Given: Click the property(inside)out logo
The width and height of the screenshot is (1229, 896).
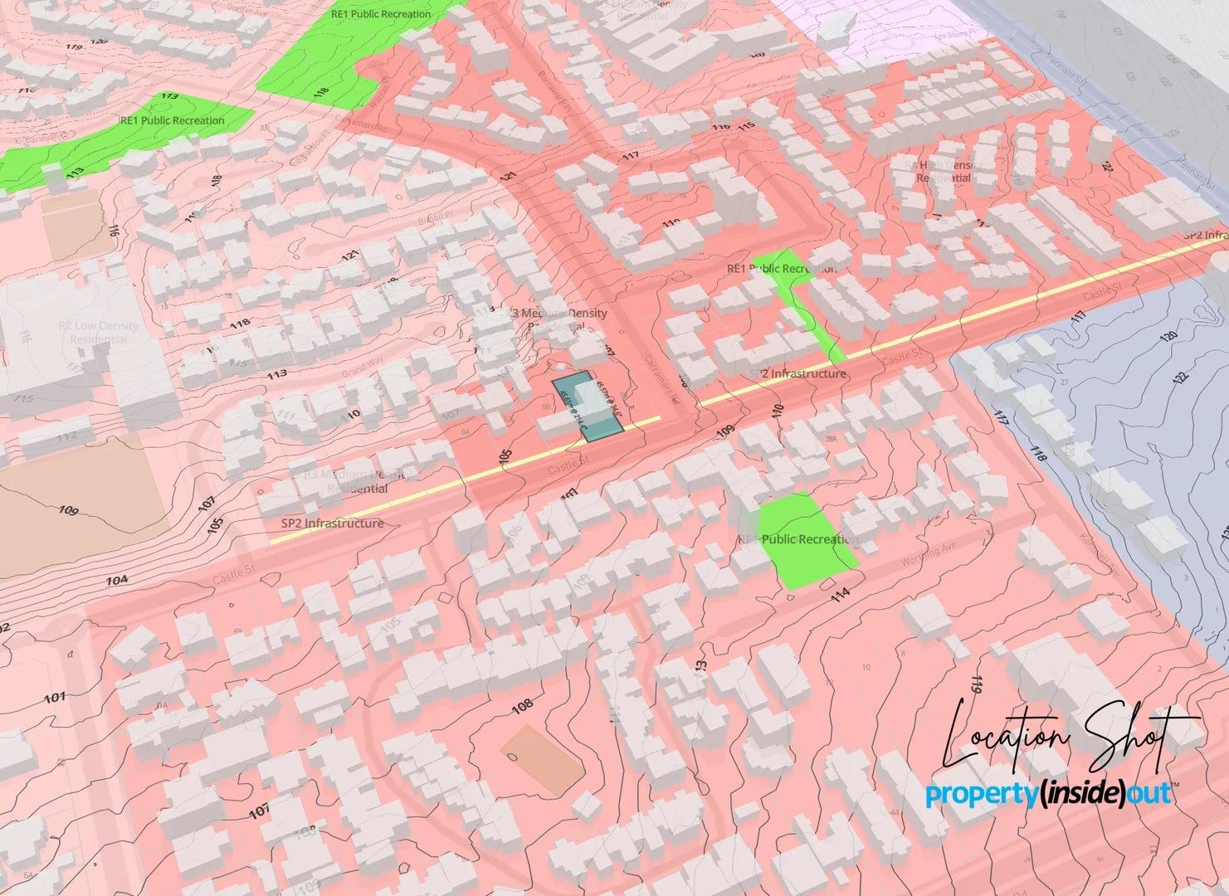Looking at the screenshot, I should pyautogui.click(x=1048, y=794).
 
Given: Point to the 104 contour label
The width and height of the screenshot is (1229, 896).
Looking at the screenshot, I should pyautogui.click(x=117, y=581).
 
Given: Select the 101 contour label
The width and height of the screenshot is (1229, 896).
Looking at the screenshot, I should pyautogui.click(x=55, y=698).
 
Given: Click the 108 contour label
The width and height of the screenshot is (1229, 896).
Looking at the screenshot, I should pyautogui.click(x=522, y=707).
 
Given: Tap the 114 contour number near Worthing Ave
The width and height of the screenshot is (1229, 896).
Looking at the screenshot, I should pyautogui.click(x=840, y=594).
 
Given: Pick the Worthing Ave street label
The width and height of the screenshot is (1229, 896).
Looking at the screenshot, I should pyautogui.click(x=929, y=554).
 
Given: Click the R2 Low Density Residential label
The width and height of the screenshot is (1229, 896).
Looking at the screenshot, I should pyautogui.click(x=98, y=332).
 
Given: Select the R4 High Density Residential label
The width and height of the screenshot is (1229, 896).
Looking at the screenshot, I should pyautogui.click(x=944, y=172).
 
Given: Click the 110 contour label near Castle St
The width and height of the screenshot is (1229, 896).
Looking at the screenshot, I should pyautogui.click(x=778, y=411).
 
